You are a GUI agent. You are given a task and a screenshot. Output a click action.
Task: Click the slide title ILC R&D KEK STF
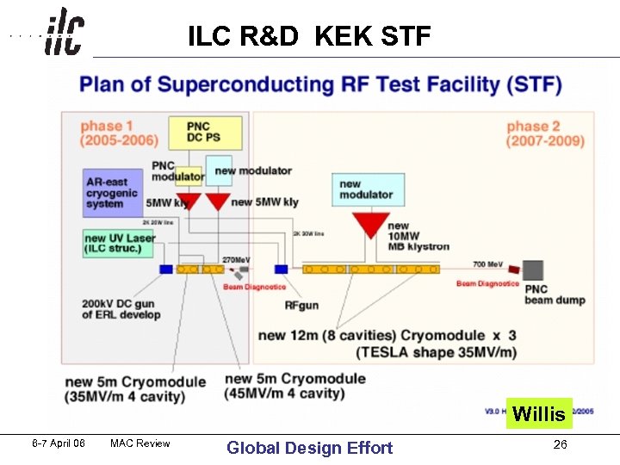(x=309, y=36)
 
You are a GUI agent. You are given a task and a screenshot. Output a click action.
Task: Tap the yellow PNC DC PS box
(x=205, y=133)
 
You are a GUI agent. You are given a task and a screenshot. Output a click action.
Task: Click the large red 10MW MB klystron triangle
(x=372, y=225)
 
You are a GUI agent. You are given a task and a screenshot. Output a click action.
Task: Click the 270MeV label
(x=236, y=259)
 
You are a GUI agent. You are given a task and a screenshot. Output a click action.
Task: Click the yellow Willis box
(x=539, y=414)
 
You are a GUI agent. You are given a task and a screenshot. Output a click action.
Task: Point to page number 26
(x=560, y=445)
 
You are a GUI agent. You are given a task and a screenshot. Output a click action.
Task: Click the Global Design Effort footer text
(x=309, y=448)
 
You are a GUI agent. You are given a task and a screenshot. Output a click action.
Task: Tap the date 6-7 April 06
(x=59, y=443)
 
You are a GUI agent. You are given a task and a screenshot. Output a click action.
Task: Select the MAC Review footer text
(x=140, y=443)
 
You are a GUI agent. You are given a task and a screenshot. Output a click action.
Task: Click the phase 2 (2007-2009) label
(x=544, y=133)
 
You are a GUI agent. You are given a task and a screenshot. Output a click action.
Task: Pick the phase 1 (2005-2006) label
(x=119, y=133)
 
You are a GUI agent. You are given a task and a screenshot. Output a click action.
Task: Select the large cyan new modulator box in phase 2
(x=369, y=189)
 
